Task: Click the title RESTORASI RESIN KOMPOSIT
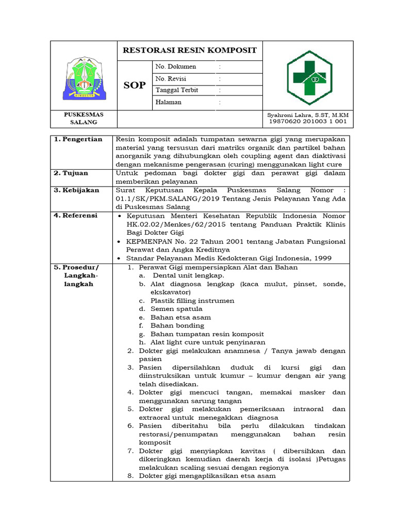[189, 51]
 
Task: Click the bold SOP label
[135, 85]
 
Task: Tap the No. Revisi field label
[171, 79]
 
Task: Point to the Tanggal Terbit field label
[177, 90]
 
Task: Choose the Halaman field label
[168, 102]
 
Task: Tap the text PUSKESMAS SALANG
[83, 118]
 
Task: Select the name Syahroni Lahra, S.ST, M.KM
[308, 114]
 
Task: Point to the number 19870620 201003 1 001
[308, 122]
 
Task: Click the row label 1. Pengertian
[78, 139]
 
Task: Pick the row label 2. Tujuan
[72, 173]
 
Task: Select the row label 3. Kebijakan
[76, 190]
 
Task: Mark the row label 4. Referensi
[76, 216]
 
